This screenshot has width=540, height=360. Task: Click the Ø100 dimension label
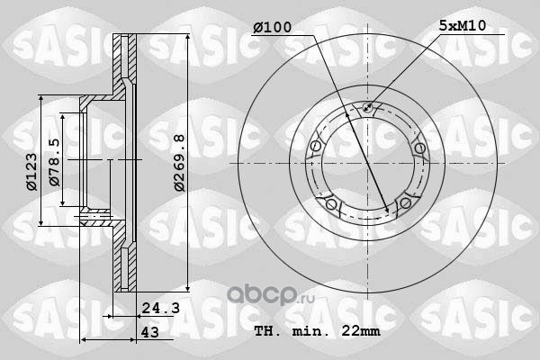point(272,28)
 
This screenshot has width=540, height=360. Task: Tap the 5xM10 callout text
point(463,25)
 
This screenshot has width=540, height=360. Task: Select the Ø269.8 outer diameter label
point(179,163)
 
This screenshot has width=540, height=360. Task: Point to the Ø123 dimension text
point(31,171)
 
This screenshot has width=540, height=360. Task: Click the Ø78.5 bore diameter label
point(54,162)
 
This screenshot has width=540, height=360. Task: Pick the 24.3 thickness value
point(161,308)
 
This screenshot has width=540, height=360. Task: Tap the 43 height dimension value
point(150,332)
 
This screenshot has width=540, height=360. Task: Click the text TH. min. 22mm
point(317,331)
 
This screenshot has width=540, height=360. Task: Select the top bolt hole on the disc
point(367,107)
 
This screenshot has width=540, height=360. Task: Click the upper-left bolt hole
point(316,146)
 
